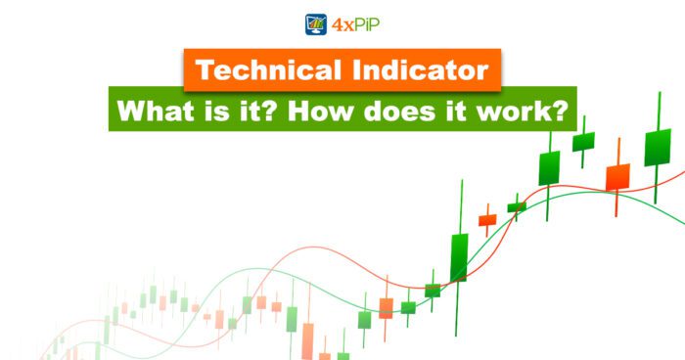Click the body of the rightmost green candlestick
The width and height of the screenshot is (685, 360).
coord(657,147)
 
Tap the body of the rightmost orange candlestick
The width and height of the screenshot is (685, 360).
coord(617,177)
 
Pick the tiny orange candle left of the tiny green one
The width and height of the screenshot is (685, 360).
coord(486,220)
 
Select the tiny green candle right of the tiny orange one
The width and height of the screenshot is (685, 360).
coord(517,207)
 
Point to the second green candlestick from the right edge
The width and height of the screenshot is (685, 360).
coord(583,141)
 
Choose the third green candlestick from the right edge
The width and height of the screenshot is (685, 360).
coord(549,168)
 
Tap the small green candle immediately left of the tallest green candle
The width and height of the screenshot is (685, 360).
coord(433,291)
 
